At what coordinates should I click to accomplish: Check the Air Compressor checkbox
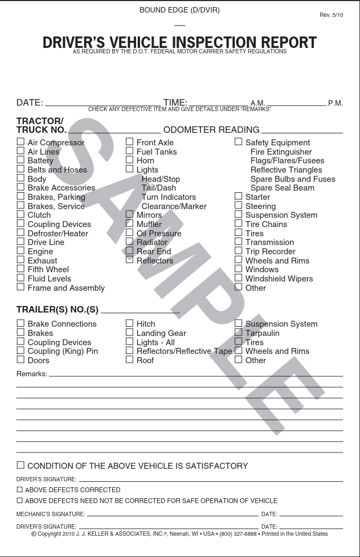point(20,142)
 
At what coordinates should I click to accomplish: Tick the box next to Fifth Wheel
point(20,269)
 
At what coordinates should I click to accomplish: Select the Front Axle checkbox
point(130,142)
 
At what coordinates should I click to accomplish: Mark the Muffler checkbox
point(130,224)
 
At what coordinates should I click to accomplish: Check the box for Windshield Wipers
point(239,278)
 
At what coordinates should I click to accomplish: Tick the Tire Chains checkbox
point(239,224)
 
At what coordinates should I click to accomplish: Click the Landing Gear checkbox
point(130,333)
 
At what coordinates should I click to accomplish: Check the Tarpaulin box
point(239,333)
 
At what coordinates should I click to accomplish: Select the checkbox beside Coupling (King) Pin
point(20,351)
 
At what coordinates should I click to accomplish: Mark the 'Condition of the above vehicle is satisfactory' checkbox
point(20,465)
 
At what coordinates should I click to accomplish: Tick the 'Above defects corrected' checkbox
point(20,489)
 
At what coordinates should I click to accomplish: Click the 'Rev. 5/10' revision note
point(331,15)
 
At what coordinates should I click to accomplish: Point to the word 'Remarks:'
point(32,374)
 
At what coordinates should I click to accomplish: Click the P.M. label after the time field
point(335,103)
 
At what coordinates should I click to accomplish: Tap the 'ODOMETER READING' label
point(211,130)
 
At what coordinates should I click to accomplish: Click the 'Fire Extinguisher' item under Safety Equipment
point(281,152)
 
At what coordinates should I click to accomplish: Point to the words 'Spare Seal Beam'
point(282,188)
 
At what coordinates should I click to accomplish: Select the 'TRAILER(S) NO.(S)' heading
point(57,310)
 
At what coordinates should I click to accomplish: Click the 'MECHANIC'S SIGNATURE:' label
point(51,514)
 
